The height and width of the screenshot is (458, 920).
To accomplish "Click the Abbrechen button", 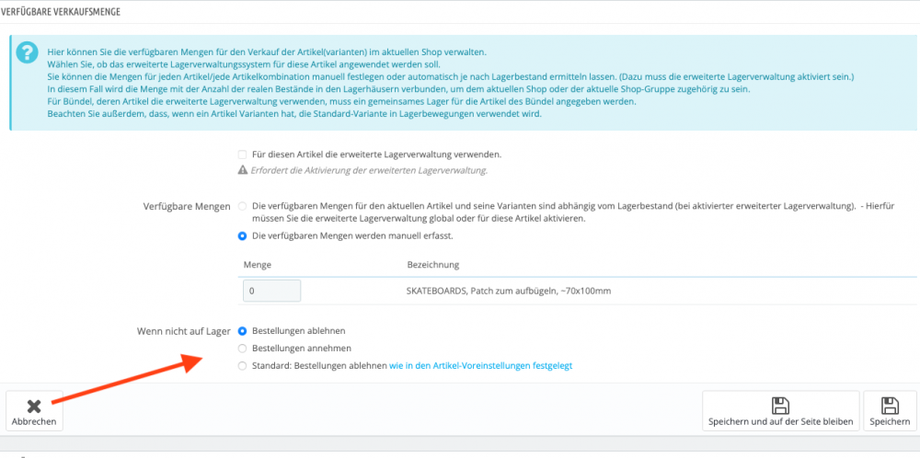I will pos(34,411).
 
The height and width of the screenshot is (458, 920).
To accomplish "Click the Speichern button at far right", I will pos(890,411).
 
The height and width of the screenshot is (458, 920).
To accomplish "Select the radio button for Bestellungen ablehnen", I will pos(243,330).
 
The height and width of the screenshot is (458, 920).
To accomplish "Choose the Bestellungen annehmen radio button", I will pos(243,349).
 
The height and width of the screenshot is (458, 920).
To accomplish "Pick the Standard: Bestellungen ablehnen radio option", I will pos(243,366).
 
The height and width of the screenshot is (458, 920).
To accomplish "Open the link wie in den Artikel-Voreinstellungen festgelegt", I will pos(481,366).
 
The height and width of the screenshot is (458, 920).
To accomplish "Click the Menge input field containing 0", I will pos(271,291).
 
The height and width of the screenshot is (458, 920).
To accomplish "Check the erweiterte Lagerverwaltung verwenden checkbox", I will pos(243,155).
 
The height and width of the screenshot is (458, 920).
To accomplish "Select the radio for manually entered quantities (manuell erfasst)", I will pos(243,235).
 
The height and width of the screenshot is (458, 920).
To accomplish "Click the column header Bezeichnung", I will pos(432,265).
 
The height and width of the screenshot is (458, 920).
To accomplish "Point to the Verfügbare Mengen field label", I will pos(187,207).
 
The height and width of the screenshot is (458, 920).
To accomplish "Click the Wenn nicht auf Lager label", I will pos(183,330).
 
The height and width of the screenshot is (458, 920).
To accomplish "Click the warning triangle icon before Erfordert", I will pos(243,170).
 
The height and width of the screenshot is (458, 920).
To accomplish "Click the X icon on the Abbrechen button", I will pos(34,405).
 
